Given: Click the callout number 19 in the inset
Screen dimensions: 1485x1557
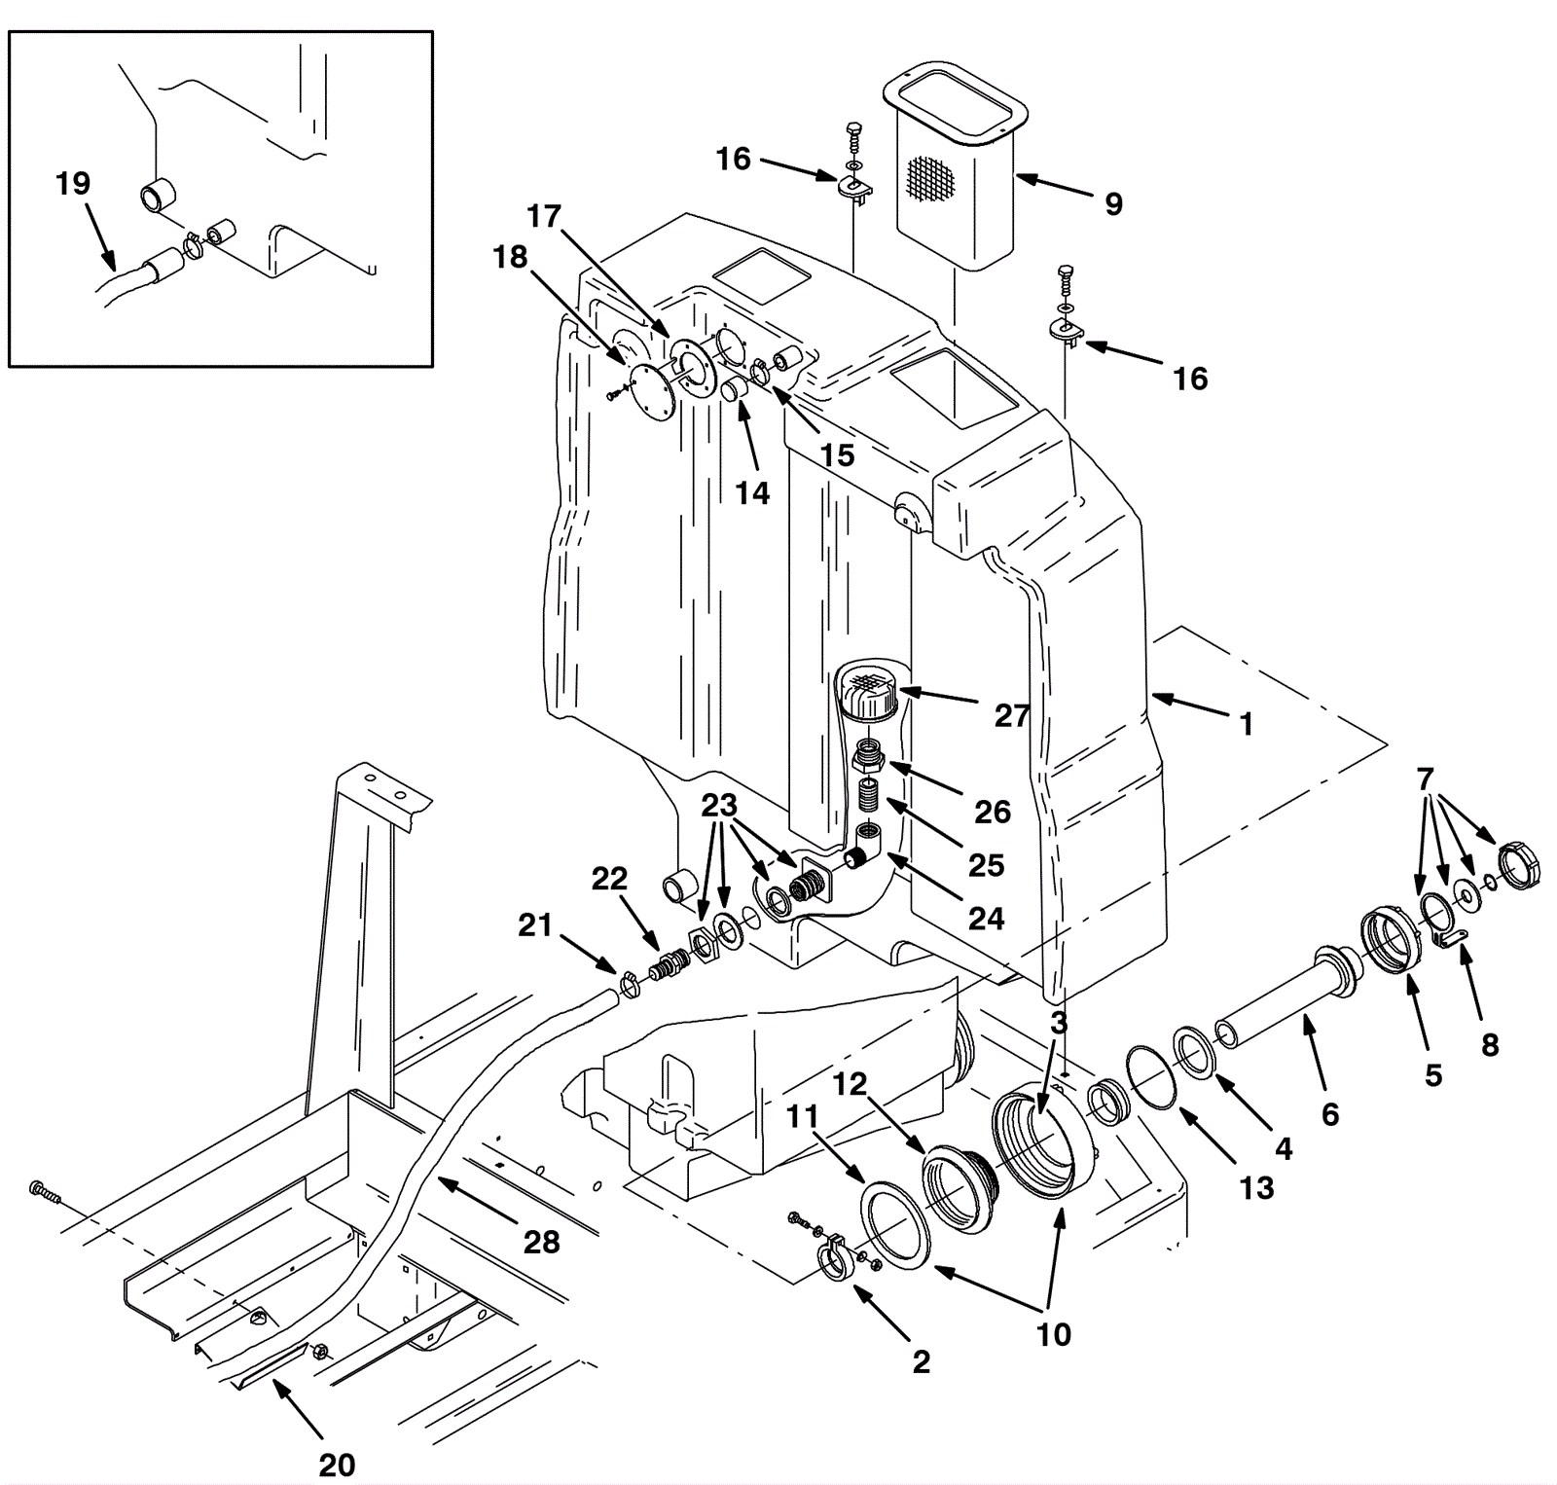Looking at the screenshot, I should [x=73, y=183].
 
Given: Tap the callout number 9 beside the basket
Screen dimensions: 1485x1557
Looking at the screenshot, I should [x=1113, y=203].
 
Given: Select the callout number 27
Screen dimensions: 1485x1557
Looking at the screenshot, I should [x=1012, y=716].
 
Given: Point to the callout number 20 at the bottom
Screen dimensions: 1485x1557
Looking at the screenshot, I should [x=337, y=1464].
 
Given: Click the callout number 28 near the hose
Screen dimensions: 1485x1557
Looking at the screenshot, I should [x=541, y=1242].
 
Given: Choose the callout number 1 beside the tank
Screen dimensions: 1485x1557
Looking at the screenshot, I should [x=1246, y=724].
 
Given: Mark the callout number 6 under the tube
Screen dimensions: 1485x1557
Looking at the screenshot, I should [x=1330, y=1113].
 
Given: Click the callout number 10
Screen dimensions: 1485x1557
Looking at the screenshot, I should [x=1054, y=1334].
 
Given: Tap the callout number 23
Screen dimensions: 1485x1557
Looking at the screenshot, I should [x=719, y=806].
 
